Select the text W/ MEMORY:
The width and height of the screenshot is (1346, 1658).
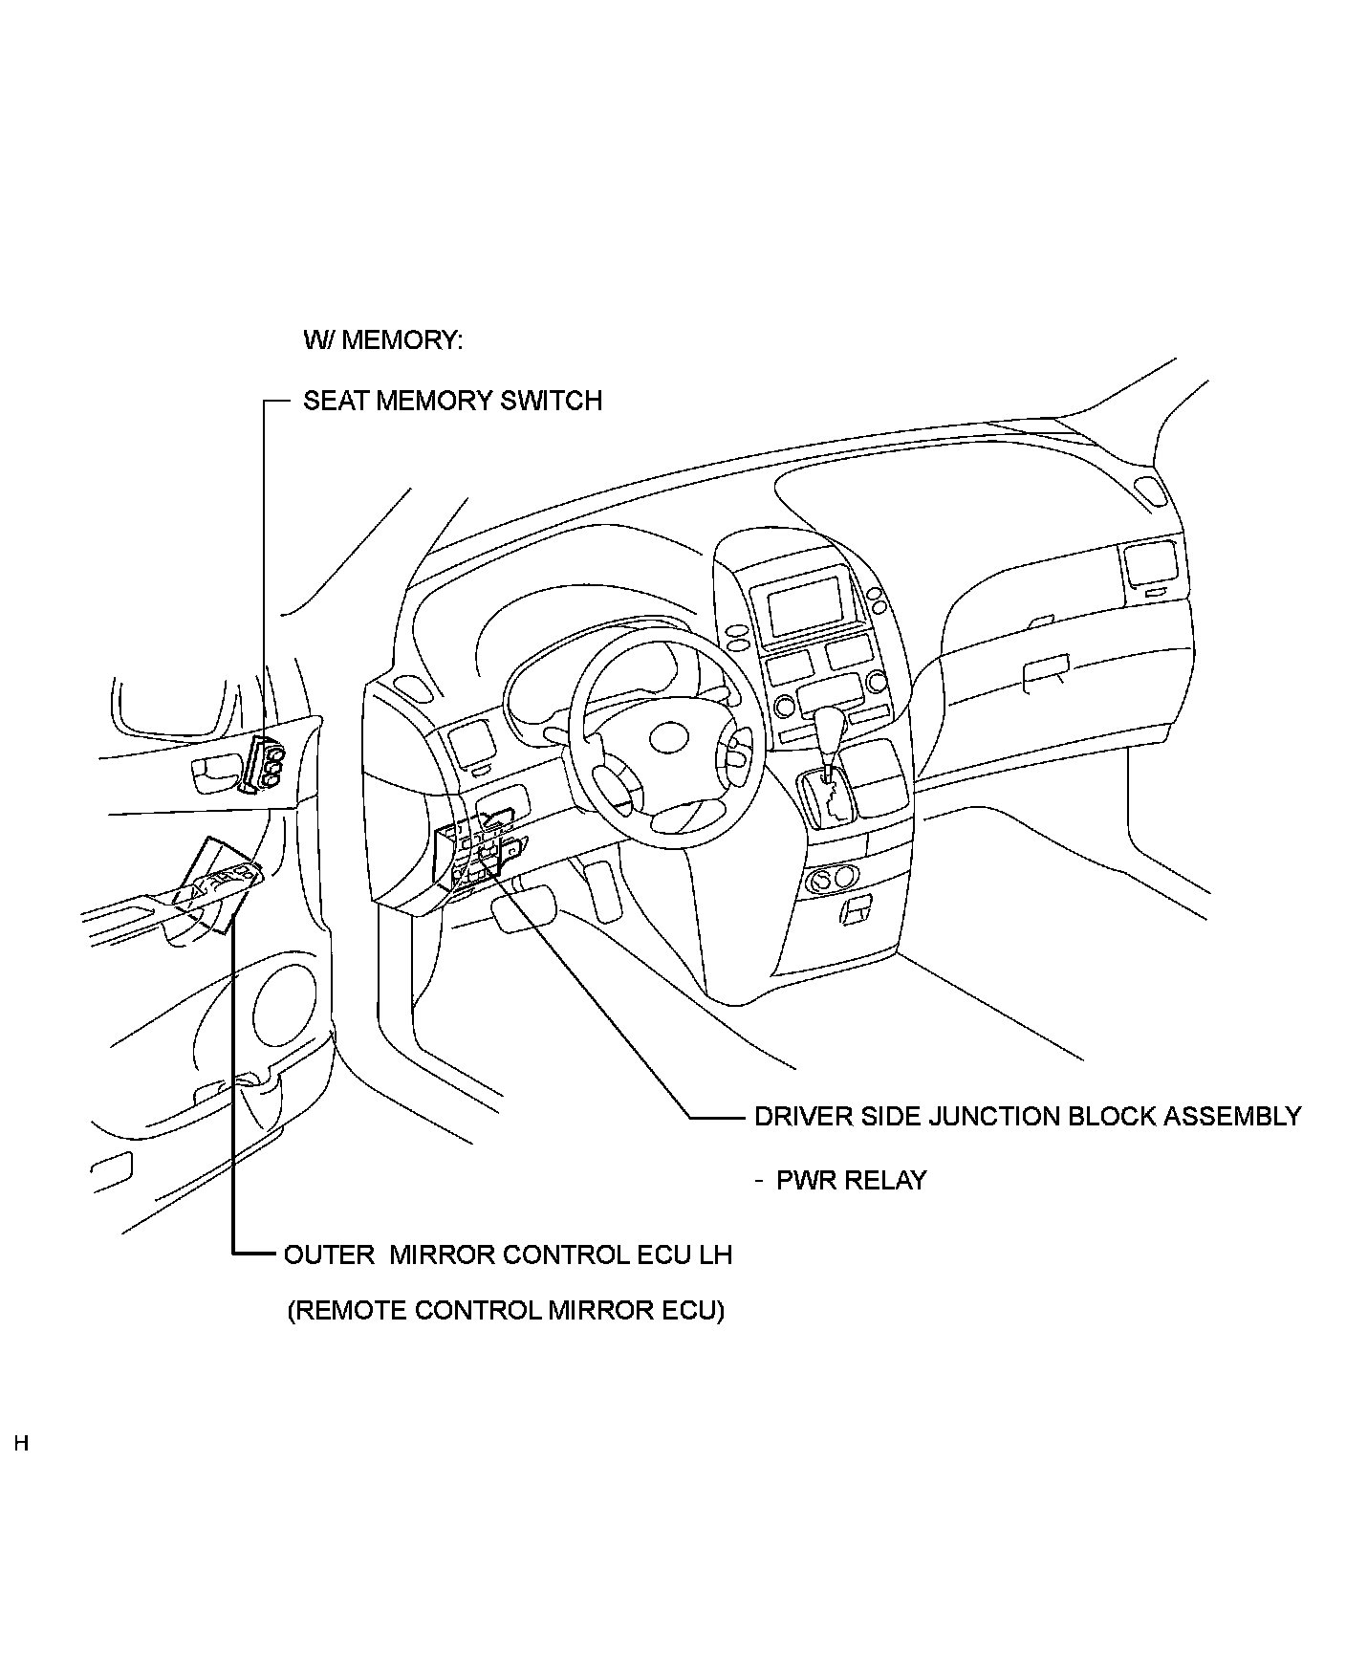(382, 340)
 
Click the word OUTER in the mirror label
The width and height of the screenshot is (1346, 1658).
(329, 1254)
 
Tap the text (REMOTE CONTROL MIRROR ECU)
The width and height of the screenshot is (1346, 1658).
(506, 1310)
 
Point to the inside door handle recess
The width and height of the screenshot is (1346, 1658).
(212, 773)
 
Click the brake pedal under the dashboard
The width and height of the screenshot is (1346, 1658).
(525, 907)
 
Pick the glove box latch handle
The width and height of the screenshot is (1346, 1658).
(1046, 671)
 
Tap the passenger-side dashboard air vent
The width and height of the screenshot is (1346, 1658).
(1150, 566)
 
